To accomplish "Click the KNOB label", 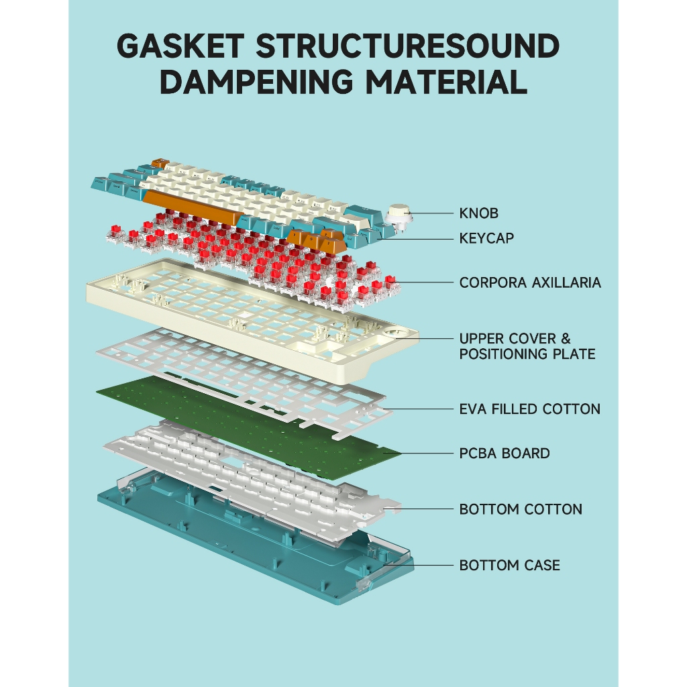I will [x=478, y=214].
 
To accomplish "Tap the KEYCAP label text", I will [x=486, y=238].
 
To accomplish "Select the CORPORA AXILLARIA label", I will [x=530, y=282].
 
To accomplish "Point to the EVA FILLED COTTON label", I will [x=529, y=409].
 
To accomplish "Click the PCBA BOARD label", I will [x=505, y=454].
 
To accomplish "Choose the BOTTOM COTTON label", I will [x=521, y=509].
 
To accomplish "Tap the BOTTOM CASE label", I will [x=509, y=566].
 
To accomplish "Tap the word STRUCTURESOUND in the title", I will [x=408, y=46].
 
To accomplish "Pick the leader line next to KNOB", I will [x=433, y=214].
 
